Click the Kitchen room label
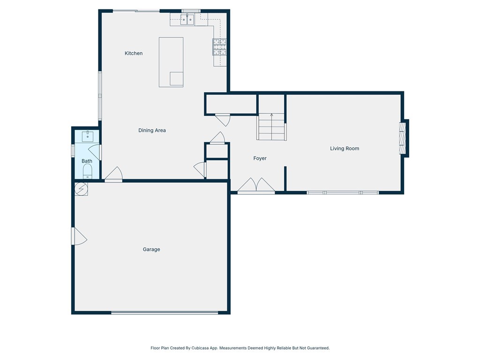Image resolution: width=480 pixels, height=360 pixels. pos(134,53)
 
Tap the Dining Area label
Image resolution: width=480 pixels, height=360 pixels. pos(152,130)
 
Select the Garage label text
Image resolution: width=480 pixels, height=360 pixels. pos(151,249)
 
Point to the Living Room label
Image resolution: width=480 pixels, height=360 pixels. pos(344,149)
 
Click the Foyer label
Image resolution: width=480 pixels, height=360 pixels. pos(260,158)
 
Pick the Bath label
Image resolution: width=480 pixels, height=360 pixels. pos(87,161)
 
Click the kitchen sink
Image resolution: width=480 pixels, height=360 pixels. pos(188,19)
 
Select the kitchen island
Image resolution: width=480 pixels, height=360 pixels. pos(171,62)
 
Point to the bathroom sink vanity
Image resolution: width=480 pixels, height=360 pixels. pos(88,136)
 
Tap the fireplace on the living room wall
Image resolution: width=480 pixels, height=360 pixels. pos(402,138)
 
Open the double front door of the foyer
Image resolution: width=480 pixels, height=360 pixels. pos(256,186)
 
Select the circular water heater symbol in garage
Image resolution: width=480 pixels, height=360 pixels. pos(81,188)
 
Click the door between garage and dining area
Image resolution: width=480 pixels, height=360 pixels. pos(113,175)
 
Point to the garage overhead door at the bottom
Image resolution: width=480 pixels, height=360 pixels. pos(165,313)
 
